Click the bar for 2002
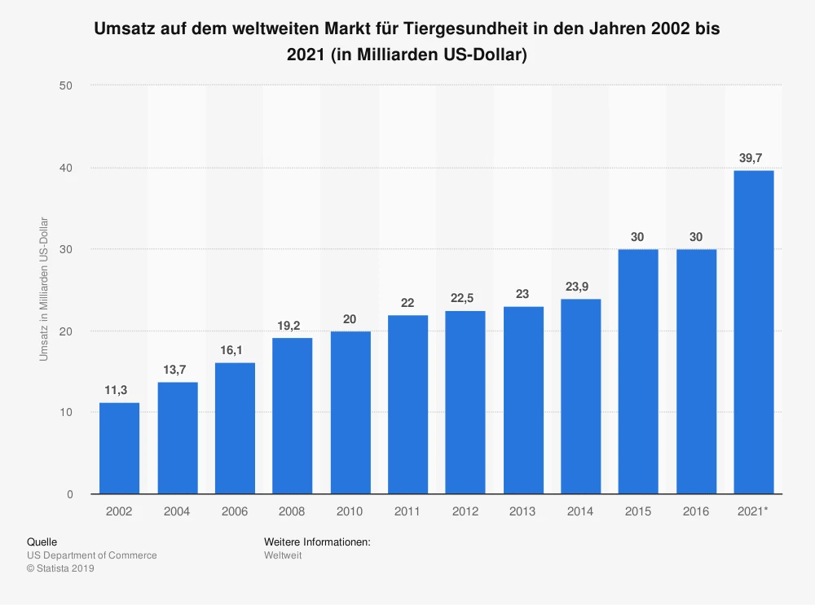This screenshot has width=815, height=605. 119,449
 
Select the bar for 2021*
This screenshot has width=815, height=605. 754,332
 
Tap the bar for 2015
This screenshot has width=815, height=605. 638,371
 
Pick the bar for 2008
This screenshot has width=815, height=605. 292,416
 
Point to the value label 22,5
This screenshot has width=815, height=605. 465,298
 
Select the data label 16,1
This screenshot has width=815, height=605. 234,350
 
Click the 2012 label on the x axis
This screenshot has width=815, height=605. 465,511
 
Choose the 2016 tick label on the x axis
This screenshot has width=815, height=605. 696,511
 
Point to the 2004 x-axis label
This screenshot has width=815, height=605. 177,511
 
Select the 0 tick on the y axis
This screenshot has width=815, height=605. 70,494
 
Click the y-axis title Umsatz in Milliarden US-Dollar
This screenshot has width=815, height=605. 44,290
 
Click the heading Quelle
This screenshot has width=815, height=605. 42,541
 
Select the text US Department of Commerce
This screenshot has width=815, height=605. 91,555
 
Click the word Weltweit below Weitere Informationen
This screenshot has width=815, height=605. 283,555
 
